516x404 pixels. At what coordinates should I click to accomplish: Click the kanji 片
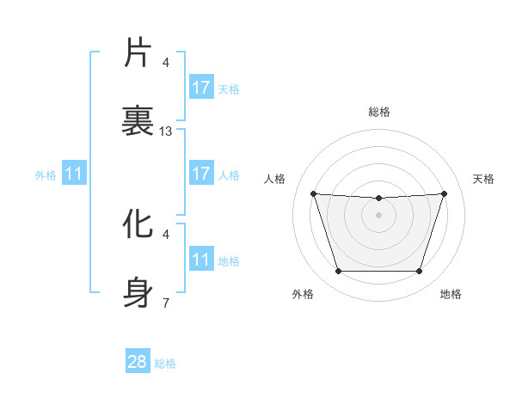138,52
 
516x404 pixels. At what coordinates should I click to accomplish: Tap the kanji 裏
138,121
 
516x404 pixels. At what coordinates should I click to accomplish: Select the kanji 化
138,224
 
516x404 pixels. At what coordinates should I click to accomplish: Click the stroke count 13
166,132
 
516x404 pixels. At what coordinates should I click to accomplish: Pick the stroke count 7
166,303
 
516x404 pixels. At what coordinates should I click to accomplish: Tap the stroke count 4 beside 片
166,63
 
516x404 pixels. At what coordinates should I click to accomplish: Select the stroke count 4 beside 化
166,234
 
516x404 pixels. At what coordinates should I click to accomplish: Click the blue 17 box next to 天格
201,87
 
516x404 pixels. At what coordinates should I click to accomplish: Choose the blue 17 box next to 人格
201,174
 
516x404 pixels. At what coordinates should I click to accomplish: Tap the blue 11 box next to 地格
201,259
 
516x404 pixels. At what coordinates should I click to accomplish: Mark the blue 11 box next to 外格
74,174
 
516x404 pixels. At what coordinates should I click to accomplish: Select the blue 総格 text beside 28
165,363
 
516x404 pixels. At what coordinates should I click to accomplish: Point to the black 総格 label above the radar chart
379,112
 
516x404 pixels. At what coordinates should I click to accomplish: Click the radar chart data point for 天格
444,193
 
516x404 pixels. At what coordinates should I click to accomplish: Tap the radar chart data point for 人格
314,193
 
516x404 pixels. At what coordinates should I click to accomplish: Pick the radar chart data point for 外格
338,271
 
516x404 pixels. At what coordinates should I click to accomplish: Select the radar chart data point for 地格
420,271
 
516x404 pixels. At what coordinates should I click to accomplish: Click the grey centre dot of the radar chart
379,214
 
